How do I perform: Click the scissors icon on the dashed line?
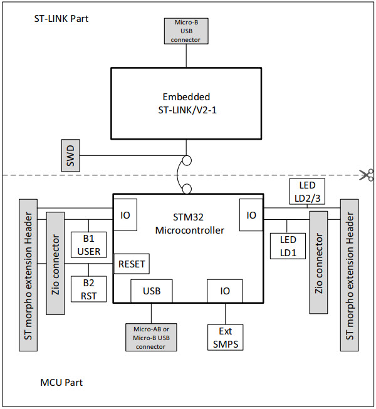367,175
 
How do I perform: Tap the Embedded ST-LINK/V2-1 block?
186,103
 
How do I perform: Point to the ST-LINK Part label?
61,18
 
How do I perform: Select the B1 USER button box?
88,244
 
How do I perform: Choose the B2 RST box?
88,289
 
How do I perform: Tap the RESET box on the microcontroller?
132,264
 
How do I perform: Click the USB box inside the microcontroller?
152,291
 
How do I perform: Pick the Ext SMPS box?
225,336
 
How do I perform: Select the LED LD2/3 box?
307,191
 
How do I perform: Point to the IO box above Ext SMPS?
225,291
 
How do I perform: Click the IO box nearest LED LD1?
251,215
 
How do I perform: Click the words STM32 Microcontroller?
186,224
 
